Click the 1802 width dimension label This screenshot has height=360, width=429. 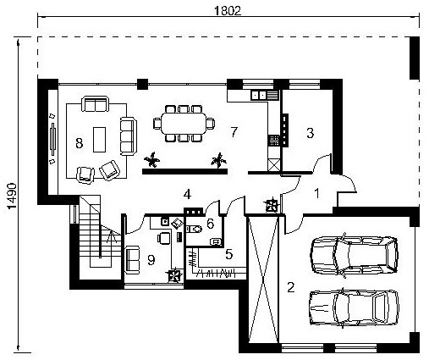point(228,11)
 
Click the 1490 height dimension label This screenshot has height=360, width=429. point(12,197)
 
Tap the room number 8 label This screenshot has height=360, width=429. point(80,143)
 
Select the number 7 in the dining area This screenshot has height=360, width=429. point(234,132)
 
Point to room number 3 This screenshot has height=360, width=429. point(311,133)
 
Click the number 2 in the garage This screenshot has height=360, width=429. point(291,287)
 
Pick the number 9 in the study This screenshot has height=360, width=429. point(151,260)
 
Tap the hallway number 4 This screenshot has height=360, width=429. point(187,194)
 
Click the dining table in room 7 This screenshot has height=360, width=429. point(184,124)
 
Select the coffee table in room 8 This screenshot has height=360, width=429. point(100,140)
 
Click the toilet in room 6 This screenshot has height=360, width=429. point(194,229)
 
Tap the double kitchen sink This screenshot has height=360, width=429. point(259,95)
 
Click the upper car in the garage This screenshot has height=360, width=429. point(354,256)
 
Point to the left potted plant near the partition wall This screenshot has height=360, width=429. point(152,160)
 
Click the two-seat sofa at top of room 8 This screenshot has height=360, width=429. point(95,104)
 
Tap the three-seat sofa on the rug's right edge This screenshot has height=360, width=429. point(129,136)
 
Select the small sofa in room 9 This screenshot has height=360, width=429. point(132,260)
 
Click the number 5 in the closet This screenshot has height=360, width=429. point(229,254)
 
